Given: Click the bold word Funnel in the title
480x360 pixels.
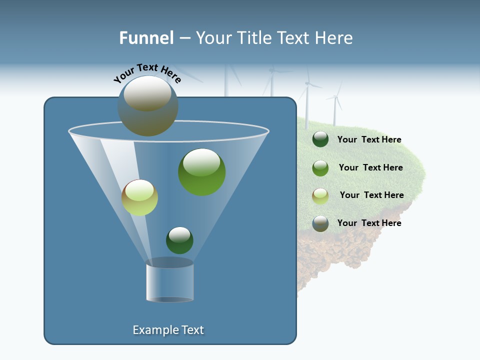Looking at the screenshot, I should click(146, 38).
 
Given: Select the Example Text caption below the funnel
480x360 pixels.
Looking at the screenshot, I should click(168, 330).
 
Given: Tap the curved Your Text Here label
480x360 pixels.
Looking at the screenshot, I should click(147, 72).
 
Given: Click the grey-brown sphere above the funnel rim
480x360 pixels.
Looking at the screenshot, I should click(148, 106).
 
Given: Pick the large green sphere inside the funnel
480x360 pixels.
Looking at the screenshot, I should click(201, 171).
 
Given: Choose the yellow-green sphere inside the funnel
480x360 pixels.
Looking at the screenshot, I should click(139, 197).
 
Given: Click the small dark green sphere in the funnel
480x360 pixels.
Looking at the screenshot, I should click(179, 240).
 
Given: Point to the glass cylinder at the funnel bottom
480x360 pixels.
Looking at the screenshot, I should click(169, 281).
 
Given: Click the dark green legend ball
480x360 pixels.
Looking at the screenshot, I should click(320, 139).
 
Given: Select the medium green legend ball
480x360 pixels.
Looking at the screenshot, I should click(320, 168).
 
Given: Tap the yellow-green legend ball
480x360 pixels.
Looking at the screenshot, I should click(320, 195).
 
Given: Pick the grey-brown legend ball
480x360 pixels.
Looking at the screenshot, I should click(320, 223).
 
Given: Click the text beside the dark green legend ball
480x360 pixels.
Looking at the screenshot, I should click(369, 139).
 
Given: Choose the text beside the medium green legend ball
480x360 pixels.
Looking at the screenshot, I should click(370, 167).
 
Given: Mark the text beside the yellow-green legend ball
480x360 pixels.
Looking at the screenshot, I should click(371, 195).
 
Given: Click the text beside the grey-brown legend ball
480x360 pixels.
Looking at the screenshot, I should click(369, 223).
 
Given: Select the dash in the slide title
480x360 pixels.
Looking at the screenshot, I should click(184, 38).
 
